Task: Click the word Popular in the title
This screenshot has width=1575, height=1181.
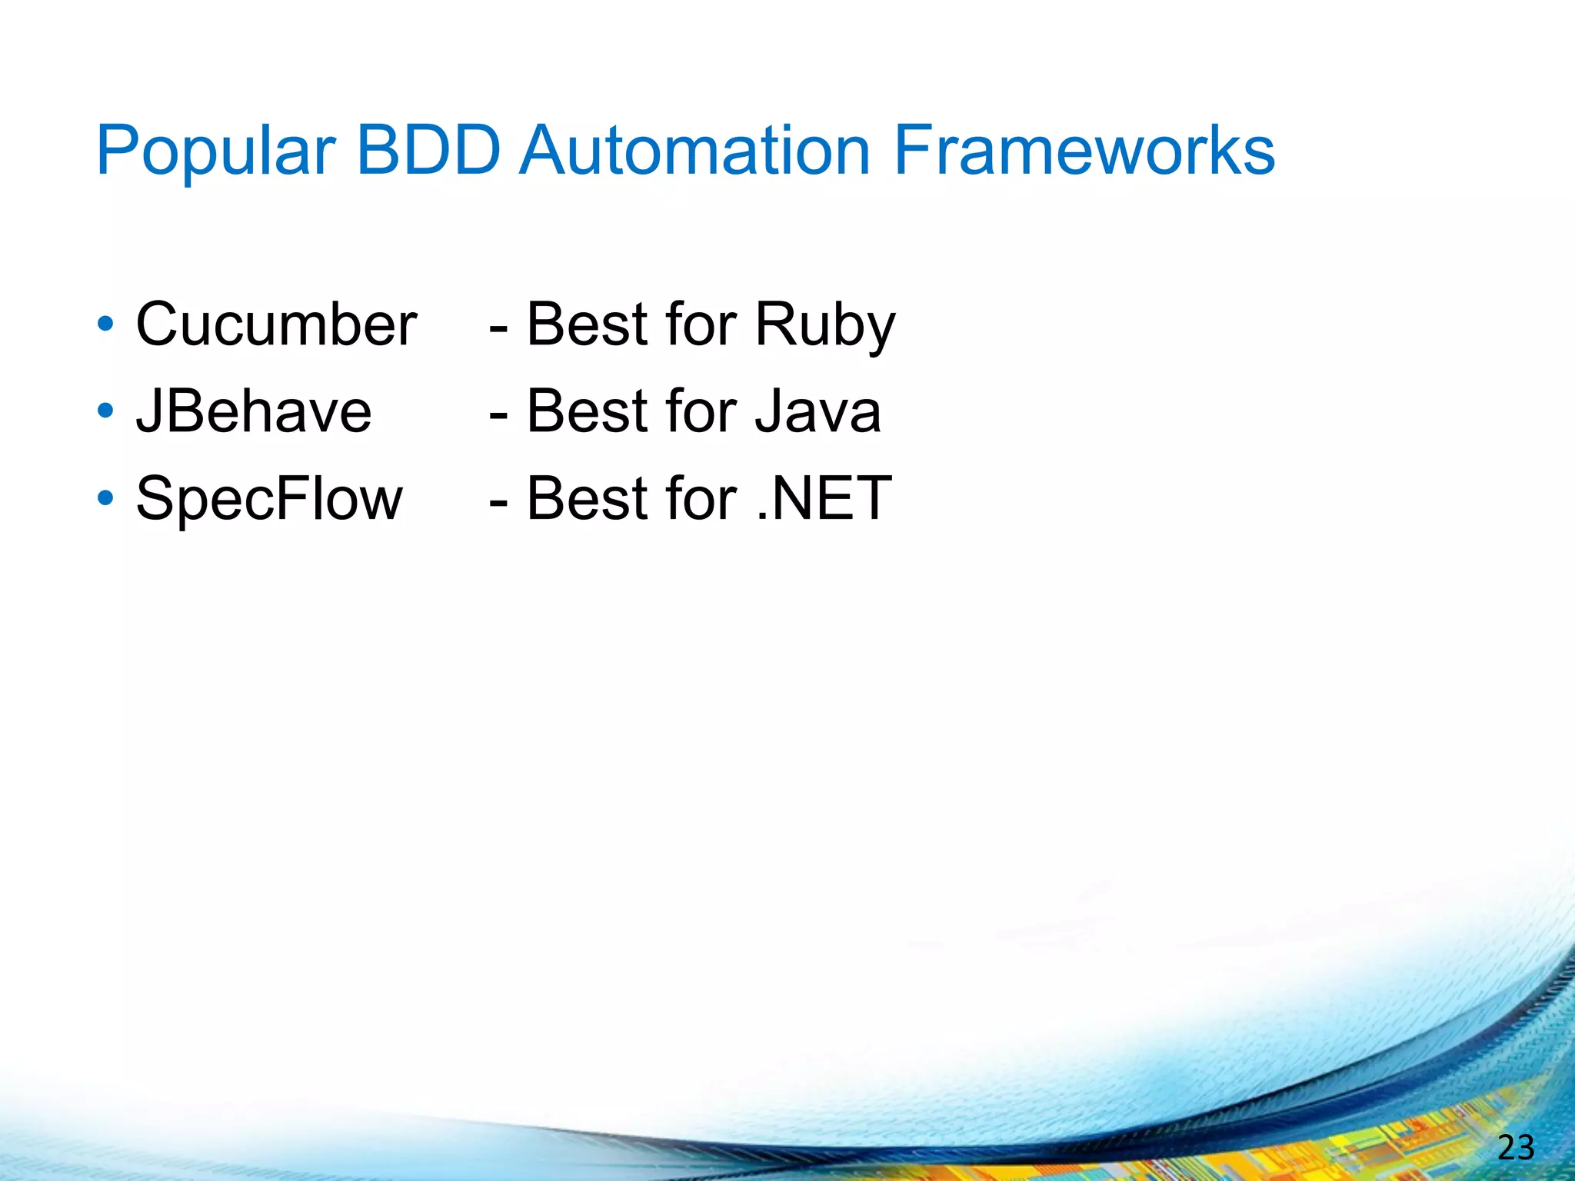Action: pyautogui.click(x=215, y=151)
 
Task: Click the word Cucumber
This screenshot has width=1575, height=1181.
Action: pyautogui.click(x=276, y=324)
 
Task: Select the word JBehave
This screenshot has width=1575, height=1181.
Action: pyautogui.click(x=254, y=411)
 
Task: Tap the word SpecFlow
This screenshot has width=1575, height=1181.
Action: pyautogui.click(x=268, y=499)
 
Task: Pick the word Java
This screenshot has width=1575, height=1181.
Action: pyautogui.click(x=817, y=411)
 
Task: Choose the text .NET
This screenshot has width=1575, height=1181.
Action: pyautogui.click(x=824, y=499)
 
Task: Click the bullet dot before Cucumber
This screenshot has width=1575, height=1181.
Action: pyautogui.click(x=106, y=324)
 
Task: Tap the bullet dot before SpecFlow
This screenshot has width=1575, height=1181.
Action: pyautogui.click(x=106, y=498)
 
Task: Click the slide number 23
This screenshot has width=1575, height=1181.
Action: pyautogui.click(x=1516, y=1148)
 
